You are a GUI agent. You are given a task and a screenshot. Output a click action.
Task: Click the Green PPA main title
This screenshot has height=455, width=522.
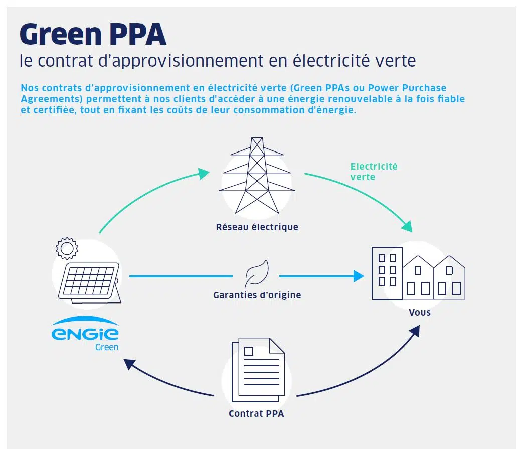click(x=93, y=34)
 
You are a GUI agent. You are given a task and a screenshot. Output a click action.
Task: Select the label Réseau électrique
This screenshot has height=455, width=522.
click(x=257, y=227)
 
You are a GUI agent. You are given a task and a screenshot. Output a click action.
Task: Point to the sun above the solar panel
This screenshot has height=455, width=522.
click(x=67, y=248)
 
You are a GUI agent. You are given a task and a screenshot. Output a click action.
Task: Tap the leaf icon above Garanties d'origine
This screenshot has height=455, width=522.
click(x=257, y=274)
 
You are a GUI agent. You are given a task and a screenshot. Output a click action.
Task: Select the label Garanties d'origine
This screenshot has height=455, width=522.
click(x=257, y=295)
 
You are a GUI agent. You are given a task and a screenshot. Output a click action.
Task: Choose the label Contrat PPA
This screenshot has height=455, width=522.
click(x=256, y=414)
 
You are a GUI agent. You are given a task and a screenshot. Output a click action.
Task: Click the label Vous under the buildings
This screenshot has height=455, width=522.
click(x=419, y=312)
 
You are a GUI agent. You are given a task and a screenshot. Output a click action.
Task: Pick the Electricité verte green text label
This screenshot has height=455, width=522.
click(x=374, y=171)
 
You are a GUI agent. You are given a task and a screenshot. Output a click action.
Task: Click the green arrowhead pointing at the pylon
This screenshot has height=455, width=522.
click(x=204, y=174)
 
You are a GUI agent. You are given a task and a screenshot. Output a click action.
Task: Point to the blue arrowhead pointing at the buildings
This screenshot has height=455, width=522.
click(x=358, y=276)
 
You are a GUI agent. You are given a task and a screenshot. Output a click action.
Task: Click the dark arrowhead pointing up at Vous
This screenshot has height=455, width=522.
click(x=416, y=332)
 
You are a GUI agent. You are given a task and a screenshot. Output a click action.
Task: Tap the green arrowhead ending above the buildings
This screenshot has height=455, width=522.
click(x=408, y=225)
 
